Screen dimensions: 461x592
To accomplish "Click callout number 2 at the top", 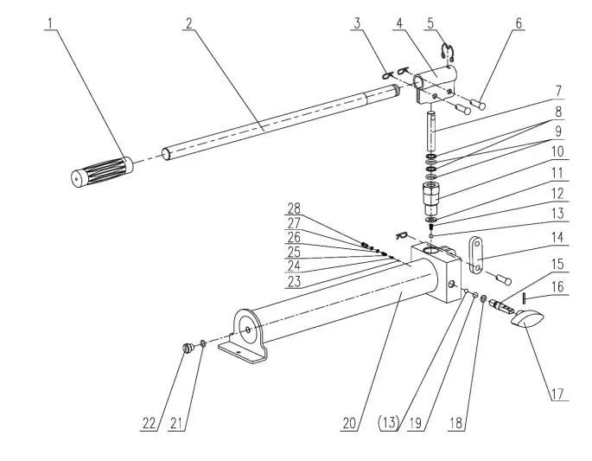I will coord(188,23).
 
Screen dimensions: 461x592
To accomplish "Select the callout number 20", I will coord(348,423).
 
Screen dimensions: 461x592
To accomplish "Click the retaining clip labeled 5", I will coord(448,54).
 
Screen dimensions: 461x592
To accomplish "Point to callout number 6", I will coord(519,23).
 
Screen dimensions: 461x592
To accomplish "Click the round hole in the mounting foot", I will coord(249,330).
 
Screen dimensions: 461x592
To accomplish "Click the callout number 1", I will coord(51,23).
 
